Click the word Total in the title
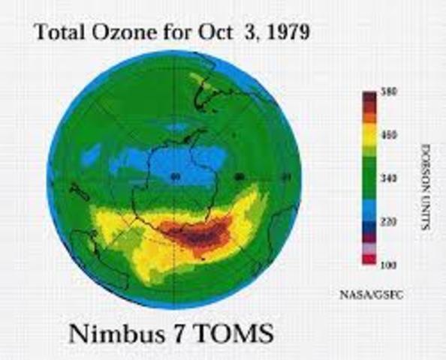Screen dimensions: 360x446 56,34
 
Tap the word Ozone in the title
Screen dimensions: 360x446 116,34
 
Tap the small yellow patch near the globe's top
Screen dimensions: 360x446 196,77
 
